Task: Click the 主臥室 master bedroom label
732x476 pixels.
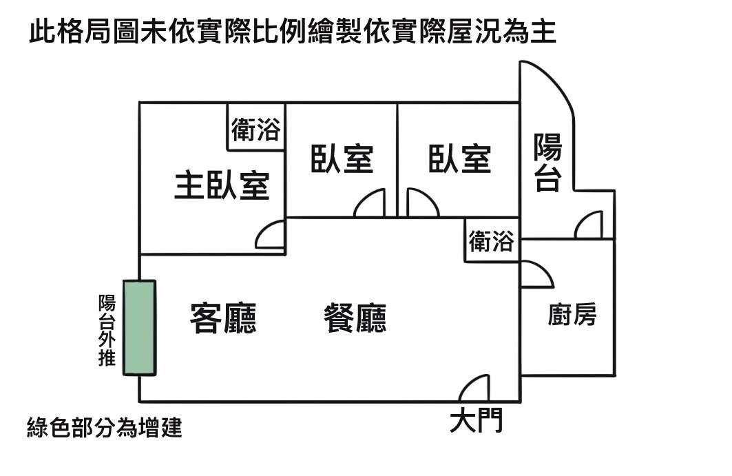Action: (222, 185)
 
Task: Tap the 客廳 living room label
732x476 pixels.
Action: (223, 318)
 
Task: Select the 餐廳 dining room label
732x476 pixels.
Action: (355, 318)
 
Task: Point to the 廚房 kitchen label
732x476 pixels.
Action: (572, 314)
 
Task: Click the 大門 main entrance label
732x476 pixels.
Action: (476, 420)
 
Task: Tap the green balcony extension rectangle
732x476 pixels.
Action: (139, 327)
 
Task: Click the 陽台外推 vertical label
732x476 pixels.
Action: (107, 330)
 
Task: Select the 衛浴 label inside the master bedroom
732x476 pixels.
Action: (256, 130)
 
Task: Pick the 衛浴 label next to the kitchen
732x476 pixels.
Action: (491, 241)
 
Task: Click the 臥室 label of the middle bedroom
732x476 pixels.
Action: (342, 159)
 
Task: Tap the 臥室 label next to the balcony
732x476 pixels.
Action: (460, 159)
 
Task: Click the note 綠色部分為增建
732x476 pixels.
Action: (105, 427)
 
